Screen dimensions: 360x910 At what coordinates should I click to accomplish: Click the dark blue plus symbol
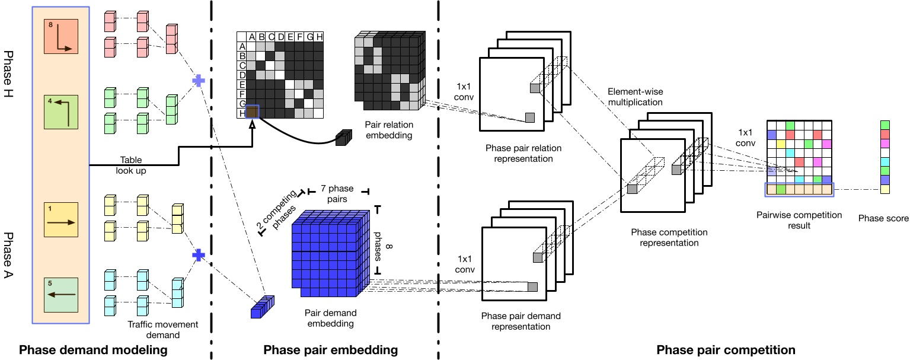click(x=199, y=255)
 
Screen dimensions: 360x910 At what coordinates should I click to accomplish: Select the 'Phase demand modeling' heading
click(x=94, y=351)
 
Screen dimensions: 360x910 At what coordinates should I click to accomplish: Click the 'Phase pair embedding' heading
click(x=330, y=351)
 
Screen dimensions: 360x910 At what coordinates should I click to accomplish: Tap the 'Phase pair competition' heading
click(x=726, y=350)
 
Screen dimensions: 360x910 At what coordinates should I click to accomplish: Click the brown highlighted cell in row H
click(x=252, y=112)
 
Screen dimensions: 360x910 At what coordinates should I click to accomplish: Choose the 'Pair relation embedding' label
click(x=389, y=130)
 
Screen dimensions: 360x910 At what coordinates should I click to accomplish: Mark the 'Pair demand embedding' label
click(x=330, y=318)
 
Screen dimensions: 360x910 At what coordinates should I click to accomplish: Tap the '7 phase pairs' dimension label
click(x=336, y=194)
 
